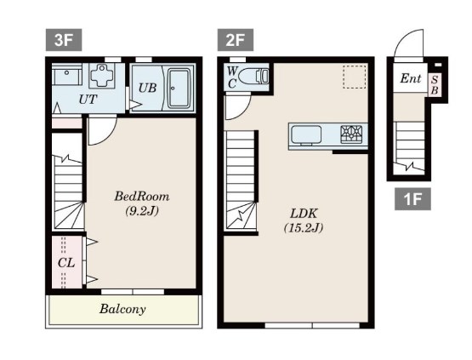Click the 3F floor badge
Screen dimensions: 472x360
pyautogui.click(x=64, y=40)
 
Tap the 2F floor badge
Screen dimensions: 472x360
pyautogui.click(x=235, y=40)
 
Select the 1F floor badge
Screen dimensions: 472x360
pyautogui.click(x=412, y=199)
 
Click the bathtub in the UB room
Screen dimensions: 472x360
pyautogui.click(x=179, y=89)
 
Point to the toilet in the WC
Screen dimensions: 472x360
pyautogui.click(x=256, y=77)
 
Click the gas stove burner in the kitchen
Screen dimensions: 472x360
pyautogui.click(x=351, y=134)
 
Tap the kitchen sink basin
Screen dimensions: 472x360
pyautogui.click(x=306, y=135)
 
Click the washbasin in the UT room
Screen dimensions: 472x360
pyautogui.click(x=66, y=76)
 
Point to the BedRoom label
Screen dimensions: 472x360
pyautogui.click(x=142, y=197)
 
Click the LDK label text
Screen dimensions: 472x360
pyautogui.click(x=304, y=214)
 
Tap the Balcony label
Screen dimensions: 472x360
pyautogui.click(x=122, y=309)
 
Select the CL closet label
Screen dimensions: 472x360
pyautogui.click(x=66, y=263)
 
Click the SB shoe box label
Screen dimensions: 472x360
pyautogui.click(x=435, y=84)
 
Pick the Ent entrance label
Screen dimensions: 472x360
pyautogui.click(x=410, y=78)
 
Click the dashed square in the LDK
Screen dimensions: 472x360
pyautogui.click(x=355, y=77)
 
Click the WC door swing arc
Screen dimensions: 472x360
pyautogui.click(x=245, y=111)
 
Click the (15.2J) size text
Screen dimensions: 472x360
pyautogui.click(x=304, y=228)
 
